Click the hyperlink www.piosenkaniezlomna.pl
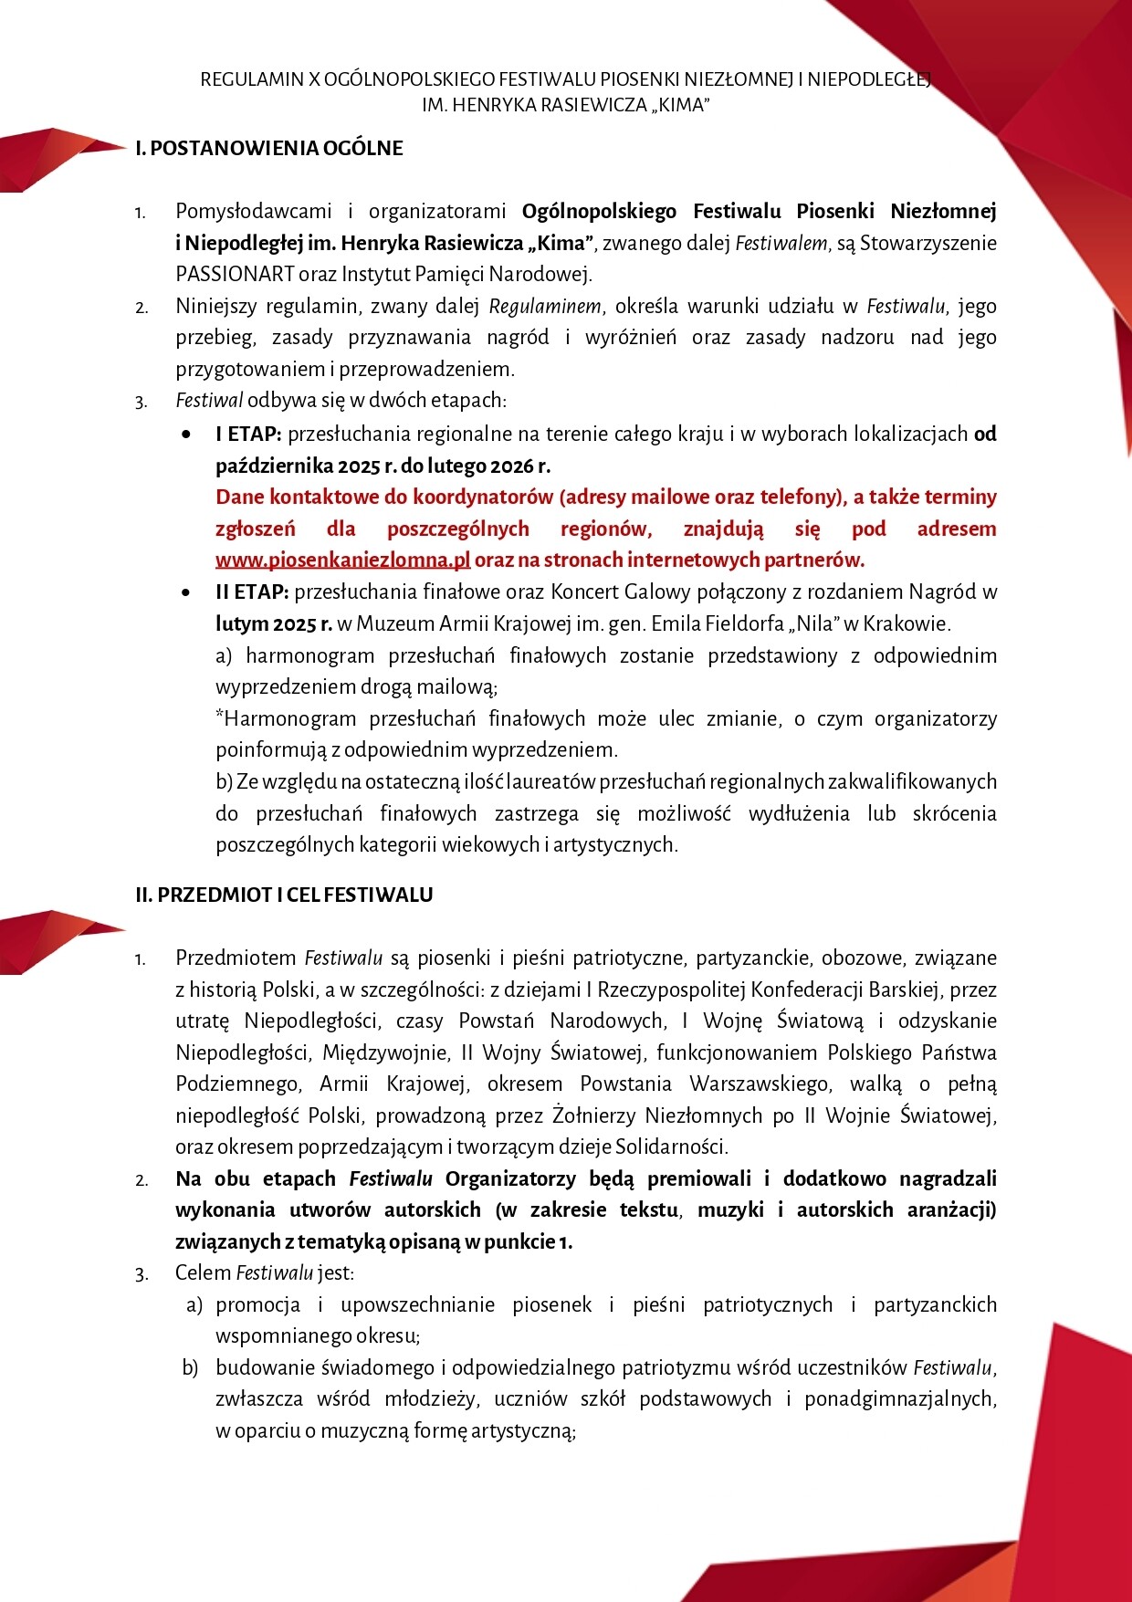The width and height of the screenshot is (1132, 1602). tap(342, 560)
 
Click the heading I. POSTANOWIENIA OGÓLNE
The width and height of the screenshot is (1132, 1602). tap(269, 148)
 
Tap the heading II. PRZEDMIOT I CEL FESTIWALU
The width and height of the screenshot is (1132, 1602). tap(284, 895)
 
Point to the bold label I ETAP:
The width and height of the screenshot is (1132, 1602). tap(248, 434)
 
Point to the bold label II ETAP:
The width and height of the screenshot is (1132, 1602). tap(252, 592)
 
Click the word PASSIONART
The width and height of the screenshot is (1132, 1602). tap(235, 274)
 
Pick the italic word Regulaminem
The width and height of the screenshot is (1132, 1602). tap(545, 306)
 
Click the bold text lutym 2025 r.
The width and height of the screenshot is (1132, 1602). tap(274, 623)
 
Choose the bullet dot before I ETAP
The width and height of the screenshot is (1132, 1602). tap(187, 435)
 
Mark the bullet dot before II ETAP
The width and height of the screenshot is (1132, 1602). tap(187, 592)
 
